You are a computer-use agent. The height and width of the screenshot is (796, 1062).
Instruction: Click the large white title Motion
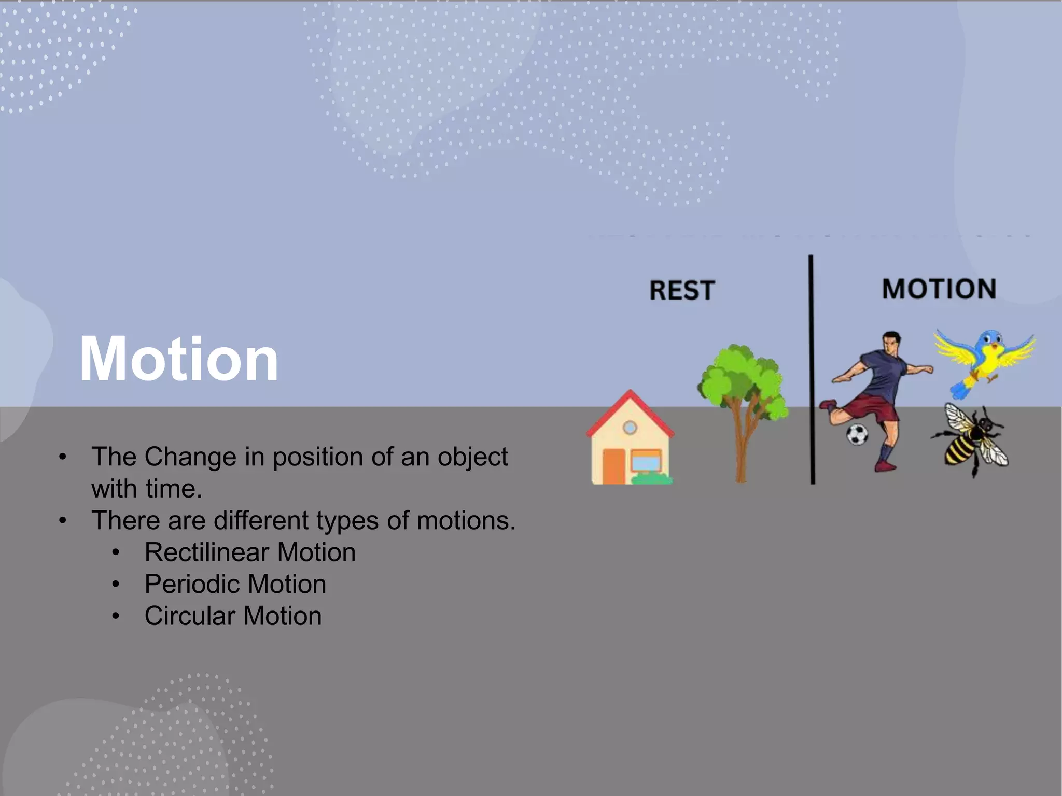click(x=178, y=359)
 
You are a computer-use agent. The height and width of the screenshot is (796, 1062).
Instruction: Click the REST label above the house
click(x=682, y=290)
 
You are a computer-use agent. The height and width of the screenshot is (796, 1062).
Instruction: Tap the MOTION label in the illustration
click(x=939, y=289)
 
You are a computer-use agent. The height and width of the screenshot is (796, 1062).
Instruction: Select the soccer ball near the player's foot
click(x=857, y=434)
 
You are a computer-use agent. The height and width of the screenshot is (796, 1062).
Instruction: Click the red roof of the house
click(x=630, y=409)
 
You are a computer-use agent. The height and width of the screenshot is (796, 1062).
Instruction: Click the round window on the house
click(x=630, y=428)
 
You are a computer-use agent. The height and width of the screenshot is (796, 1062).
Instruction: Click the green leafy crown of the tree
click(x=742, y=378)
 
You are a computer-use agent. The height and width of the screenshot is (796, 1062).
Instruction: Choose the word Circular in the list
click(x=190, y=616)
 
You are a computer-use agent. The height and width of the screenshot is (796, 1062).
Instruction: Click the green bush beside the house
click(x=652, y=478)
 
